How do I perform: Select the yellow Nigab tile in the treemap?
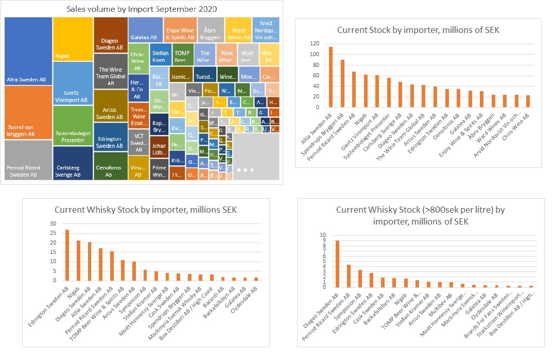click(x=73, y=46)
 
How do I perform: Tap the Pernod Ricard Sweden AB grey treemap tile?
click(x=28, y=160)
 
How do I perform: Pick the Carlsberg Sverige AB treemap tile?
click(x=73, y=163)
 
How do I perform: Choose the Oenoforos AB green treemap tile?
click(x=111, y=166)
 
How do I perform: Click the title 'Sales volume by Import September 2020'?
click(x=142, y=9)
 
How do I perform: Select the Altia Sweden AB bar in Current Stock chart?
click(x=331, y=77)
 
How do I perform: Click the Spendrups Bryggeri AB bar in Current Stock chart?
click(x=342, y=83)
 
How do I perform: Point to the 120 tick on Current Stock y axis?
click(x=314, y=44)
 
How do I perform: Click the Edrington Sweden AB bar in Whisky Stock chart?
click(x=67, y=255)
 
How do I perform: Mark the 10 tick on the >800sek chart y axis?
click(x=323, y=235)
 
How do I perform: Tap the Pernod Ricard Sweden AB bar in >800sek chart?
click(x=349, y=276)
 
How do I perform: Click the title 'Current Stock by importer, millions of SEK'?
click(x=418, y=30)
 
